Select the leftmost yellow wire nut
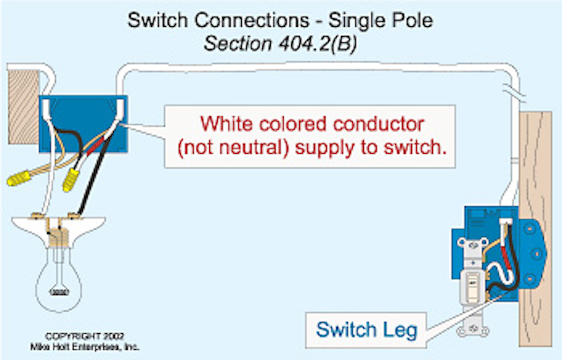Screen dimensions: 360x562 [19, 178]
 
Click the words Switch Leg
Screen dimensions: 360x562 [366, 330]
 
